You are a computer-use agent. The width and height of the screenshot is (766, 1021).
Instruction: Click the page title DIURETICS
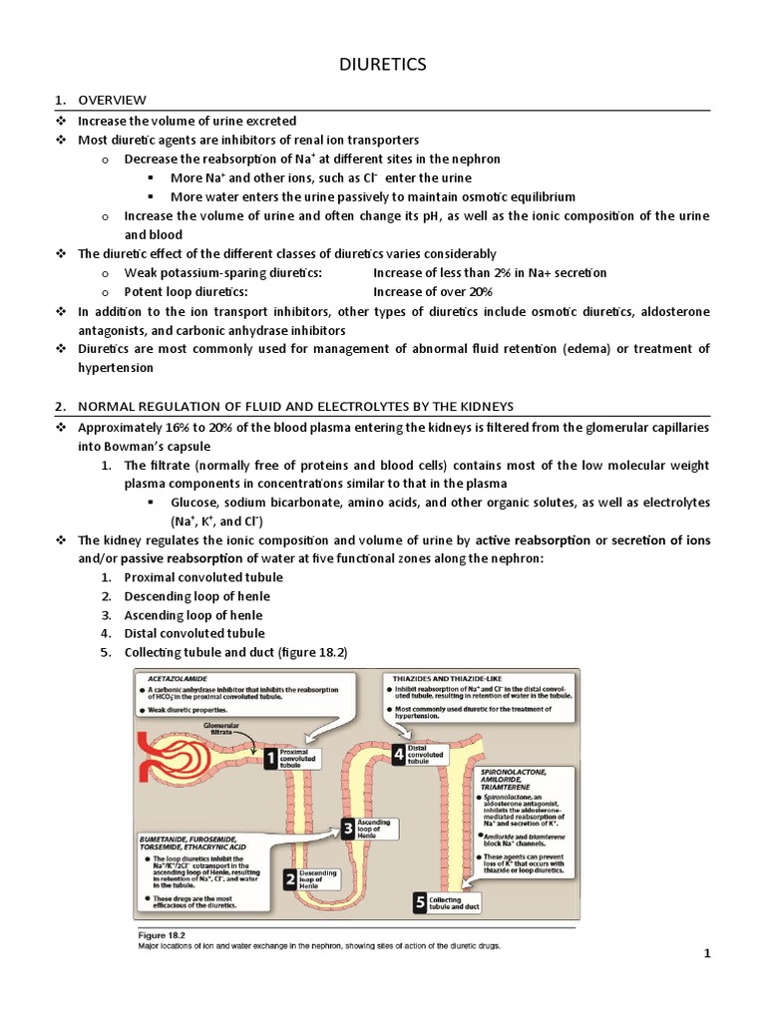[x=382, y=65]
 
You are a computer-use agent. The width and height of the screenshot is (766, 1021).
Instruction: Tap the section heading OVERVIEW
[x=113, y=100]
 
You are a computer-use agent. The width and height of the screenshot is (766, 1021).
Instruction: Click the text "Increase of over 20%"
[x=433, y=292]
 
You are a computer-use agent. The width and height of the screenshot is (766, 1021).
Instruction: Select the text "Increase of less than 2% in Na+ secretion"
[x=490, y=273]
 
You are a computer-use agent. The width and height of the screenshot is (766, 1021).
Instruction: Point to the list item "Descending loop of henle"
[x=196, y=596]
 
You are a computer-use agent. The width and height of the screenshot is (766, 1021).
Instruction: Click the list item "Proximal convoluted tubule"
[x=203, y=577]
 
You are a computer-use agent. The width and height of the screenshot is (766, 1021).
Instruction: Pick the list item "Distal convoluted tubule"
[x=194, y=633]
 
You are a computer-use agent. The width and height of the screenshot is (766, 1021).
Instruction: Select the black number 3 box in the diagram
[x=346, y=827]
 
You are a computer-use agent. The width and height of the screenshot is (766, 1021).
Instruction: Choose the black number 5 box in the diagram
[x=420, y=902]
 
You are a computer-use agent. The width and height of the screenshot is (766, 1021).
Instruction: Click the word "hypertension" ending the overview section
[x=116, y=368]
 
